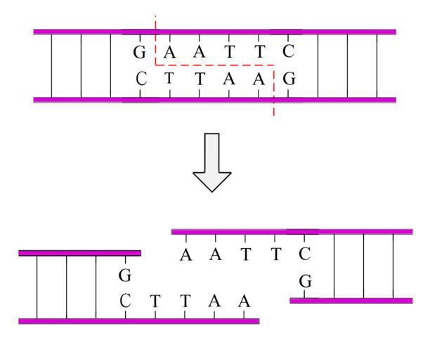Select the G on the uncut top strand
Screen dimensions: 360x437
140,52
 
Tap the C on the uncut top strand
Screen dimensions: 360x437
287,52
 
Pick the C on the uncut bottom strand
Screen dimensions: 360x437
141,79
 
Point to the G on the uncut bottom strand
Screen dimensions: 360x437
288,79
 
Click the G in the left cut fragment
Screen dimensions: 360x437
126,276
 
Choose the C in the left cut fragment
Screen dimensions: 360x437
126,301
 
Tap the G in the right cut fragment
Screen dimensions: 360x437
305,282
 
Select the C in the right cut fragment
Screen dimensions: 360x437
304,255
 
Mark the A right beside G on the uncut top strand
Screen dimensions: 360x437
169,52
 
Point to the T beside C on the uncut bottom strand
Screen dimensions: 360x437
169,79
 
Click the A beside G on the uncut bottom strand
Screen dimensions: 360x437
259,79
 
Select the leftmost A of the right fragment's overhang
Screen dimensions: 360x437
185,255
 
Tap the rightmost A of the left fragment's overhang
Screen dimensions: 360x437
244,301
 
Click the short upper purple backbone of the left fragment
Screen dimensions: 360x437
79,252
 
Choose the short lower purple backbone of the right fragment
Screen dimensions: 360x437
351,300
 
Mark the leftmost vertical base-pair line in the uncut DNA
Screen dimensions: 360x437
51,65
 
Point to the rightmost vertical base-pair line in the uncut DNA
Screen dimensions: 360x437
377,65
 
